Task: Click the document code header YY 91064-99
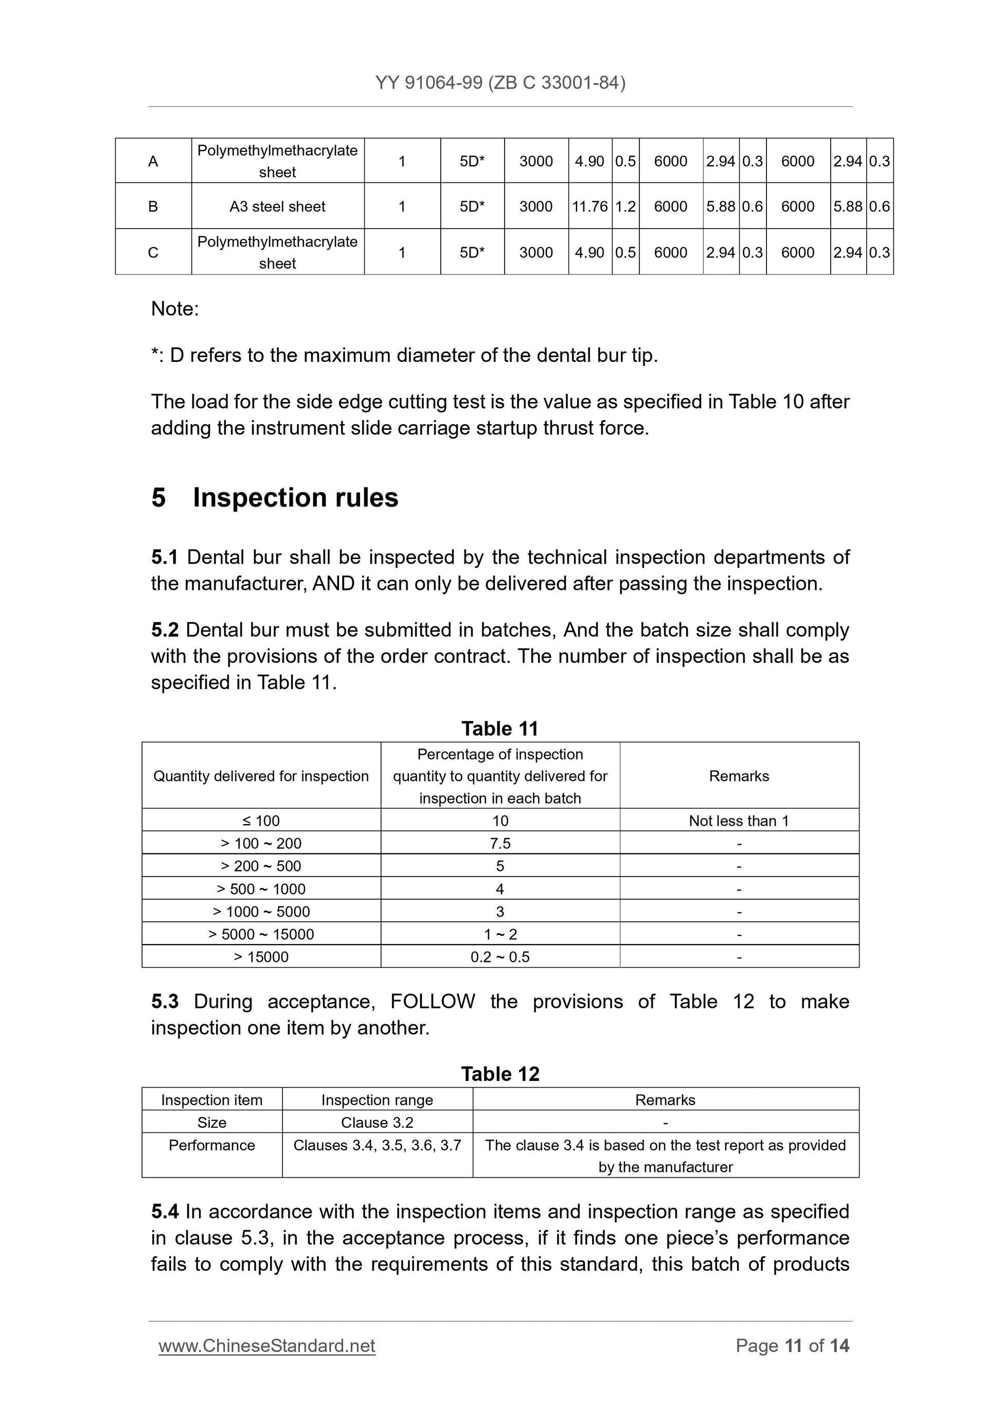click(500, 83)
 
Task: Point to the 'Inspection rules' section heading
click(295, 497)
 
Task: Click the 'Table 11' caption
click(500, 728)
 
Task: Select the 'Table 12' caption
click(500, 1074)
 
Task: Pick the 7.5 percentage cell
click(500, 843)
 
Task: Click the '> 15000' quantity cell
click(261, 957)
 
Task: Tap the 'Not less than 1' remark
click(739, 821)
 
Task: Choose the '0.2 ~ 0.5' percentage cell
click(500, 957)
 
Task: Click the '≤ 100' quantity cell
click(261, 821)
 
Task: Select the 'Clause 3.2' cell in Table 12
click(377, 1122)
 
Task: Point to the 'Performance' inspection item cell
click(211, 1145)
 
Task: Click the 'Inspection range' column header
click(377, 1100)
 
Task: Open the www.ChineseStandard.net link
click(267, 1345)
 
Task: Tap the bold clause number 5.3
click(165, 1001)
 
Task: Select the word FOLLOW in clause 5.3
click(433, 1001)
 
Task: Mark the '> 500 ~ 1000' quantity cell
click(261, 889)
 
